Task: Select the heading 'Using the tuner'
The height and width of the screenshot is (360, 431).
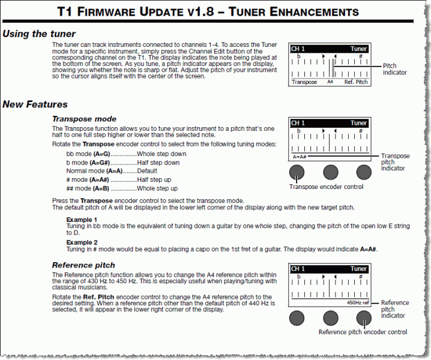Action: [39, 34]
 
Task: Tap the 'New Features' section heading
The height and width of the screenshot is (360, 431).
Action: [35, 104]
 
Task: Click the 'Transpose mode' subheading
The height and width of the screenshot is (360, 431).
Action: [84, 119]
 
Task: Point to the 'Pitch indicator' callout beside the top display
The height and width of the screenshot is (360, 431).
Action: [394, 69]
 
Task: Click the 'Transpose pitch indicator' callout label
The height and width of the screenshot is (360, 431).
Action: [395, 162]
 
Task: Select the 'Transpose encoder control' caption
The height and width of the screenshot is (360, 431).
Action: [326, 187]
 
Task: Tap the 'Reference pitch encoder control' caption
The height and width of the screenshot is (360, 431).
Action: [363, 332]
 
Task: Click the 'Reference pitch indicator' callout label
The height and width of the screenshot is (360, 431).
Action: [394, 309]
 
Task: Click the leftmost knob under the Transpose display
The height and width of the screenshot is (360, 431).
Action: [296, 173]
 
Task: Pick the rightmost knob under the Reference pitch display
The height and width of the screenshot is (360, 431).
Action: [364, 318]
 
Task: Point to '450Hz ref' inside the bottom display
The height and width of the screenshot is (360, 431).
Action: [358, 303]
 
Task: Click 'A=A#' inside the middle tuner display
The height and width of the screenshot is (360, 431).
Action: [300, 157]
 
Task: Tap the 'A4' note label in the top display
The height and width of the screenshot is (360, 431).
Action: [330, 82]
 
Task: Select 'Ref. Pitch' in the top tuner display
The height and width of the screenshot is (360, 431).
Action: [356, 82]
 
